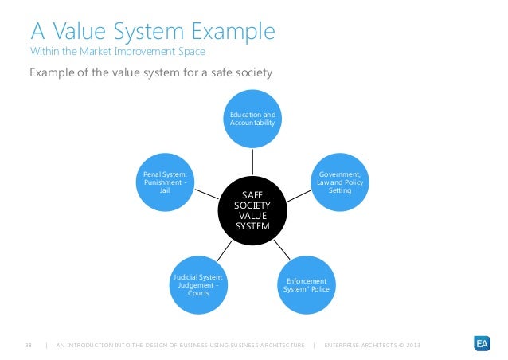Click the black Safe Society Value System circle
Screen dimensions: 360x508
[x=252, y=211]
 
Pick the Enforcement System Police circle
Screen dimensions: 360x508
[x=307, y=285]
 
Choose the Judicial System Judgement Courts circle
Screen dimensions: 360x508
[x=198, y=285]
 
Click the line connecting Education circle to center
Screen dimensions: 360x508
[x=252, y=163]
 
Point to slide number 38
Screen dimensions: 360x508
[x=29, y=345]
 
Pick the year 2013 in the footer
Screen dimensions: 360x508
[x=411, y=345]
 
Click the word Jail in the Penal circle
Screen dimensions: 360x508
[x=165, y=191]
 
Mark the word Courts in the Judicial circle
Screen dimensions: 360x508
[x=198, y=293]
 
